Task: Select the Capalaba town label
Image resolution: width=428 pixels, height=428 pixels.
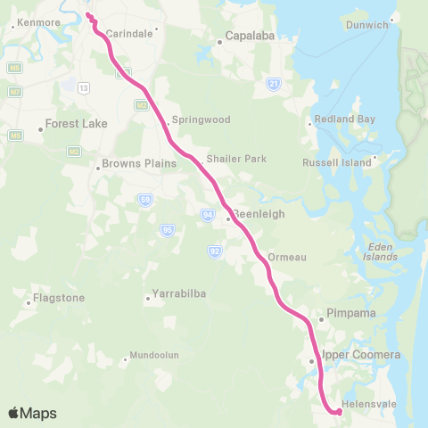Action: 249,38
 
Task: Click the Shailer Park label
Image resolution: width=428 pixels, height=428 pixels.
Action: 236,159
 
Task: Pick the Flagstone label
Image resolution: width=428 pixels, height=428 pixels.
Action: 57,298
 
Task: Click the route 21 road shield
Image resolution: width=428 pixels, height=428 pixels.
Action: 274,84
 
